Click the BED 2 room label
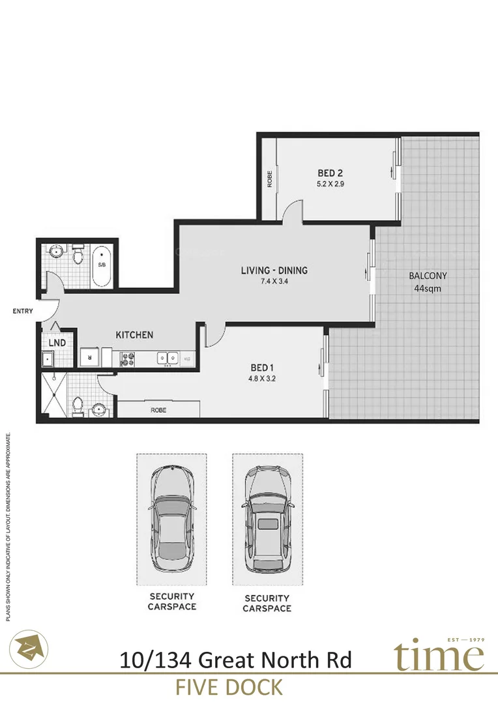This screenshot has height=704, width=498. coord(330,173)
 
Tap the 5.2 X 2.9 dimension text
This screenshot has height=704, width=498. coord(330,184)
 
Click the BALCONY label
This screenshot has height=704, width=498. coord(428,276)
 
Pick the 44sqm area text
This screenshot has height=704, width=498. coord(428,287)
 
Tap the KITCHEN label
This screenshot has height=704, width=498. coord(134,334)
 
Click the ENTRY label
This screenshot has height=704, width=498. coord(23,312)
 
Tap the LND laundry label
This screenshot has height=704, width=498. coord(56,342)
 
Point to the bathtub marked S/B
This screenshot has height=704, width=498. coord(102,266)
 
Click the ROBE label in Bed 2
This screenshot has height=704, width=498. coord(269,179)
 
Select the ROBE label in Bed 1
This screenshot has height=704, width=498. coord(158,411)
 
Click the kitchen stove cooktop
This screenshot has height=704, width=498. coord(126,358)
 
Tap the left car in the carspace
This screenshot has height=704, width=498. coord(171,518)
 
